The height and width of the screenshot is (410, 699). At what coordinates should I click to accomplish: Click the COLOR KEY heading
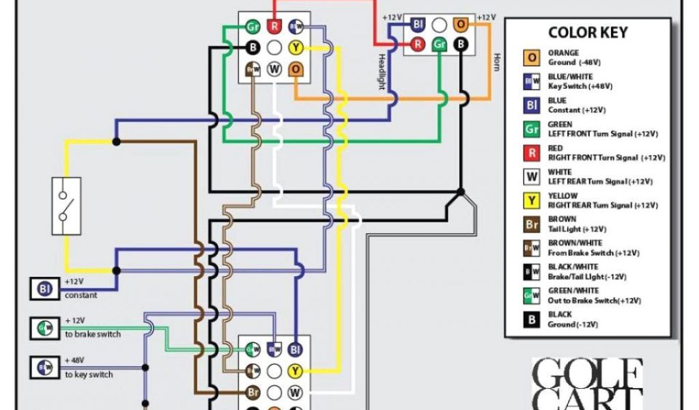(x=587, y=33)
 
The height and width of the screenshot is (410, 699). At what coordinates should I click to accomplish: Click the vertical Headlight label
(x=382, y=70)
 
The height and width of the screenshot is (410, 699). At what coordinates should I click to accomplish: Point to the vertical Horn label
(x=497, y=62)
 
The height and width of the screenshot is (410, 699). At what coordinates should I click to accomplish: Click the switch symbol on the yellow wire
(x=66, y=206)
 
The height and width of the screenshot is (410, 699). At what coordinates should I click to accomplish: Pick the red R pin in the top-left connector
(x=274, y=27)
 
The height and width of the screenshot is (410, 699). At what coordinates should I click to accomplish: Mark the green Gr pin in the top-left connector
(x=253, y=27)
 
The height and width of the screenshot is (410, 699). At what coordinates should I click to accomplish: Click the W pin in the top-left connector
(x=274, y=69)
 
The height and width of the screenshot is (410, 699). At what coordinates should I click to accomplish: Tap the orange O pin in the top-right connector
(x=461, y=25)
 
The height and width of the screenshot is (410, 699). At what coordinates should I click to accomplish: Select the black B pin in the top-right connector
(x=461, y=44)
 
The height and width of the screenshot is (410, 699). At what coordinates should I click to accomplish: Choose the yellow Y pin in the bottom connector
(x=295, y=372)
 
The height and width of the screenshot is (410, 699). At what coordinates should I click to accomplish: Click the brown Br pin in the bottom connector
(x=253, y=393)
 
